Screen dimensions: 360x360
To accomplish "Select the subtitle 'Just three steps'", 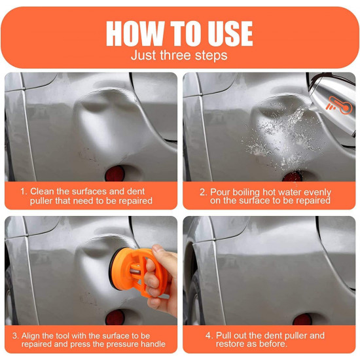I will pyautogui.click(x=180, y=56).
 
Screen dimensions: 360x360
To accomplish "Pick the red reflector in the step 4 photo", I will pyautogui.click(x=302, y=320).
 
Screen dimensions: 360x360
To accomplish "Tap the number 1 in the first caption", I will pyautogui.click(x=23, y=192).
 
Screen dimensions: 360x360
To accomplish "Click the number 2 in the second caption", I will pyautogui.click(x=203, y=192).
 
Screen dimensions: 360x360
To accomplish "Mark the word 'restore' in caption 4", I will pyautogui.click(x=226, y=344).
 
